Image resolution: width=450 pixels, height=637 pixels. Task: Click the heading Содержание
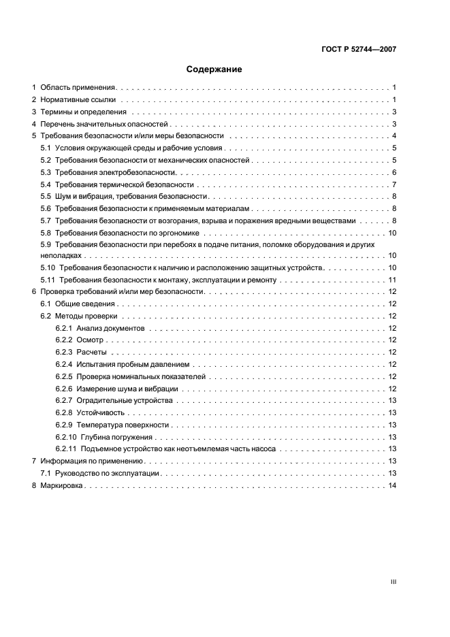214,69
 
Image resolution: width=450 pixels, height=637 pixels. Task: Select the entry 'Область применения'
78,88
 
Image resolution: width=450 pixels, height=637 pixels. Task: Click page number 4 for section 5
394,136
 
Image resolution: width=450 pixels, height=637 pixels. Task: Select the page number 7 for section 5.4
394,185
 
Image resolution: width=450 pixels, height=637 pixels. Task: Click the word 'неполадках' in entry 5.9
61,255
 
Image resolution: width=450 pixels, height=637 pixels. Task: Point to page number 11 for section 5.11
392,280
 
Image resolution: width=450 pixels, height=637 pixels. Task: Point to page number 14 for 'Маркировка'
392,486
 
